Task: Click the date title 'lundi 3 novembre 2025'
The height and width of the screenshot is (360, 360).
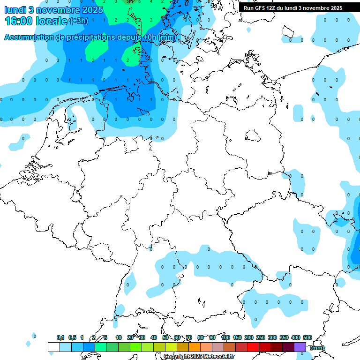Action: tap(47, 9)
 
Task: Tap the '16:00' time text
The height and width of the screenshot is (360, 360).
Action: tap(19, 21)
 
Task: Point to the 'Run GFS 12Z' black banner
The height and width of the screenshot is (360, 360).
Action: tap(293, 8)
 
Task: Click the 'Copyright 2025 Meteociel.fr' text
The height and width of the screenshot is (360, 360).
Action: tap(199, 357)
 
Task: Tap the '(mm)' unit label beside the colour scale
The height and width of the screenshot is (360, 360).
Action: tap(317, 348)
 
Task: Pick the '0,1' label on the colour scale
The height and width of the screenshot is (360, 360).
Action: tap(60, 338)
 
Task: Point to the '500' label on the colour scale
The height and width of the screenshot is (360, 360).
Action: tap(307, 338)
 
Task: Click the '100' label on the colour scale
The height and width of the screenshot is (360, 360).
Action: tap(225, 338)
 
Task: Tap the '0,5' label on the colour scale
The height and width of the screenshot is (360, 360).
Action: tap(72, 338)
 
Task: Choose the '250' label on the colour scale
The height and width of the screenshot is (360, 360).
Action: tap(261, 338)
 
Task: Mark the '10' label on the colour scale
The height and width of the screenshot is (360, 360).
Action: tap(119, 338)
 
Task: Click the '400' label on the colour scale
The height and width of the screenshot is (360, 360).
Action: tap(296, 338)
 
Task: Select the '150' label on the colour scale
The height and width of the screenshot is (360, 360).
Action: tap(237, 338)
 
